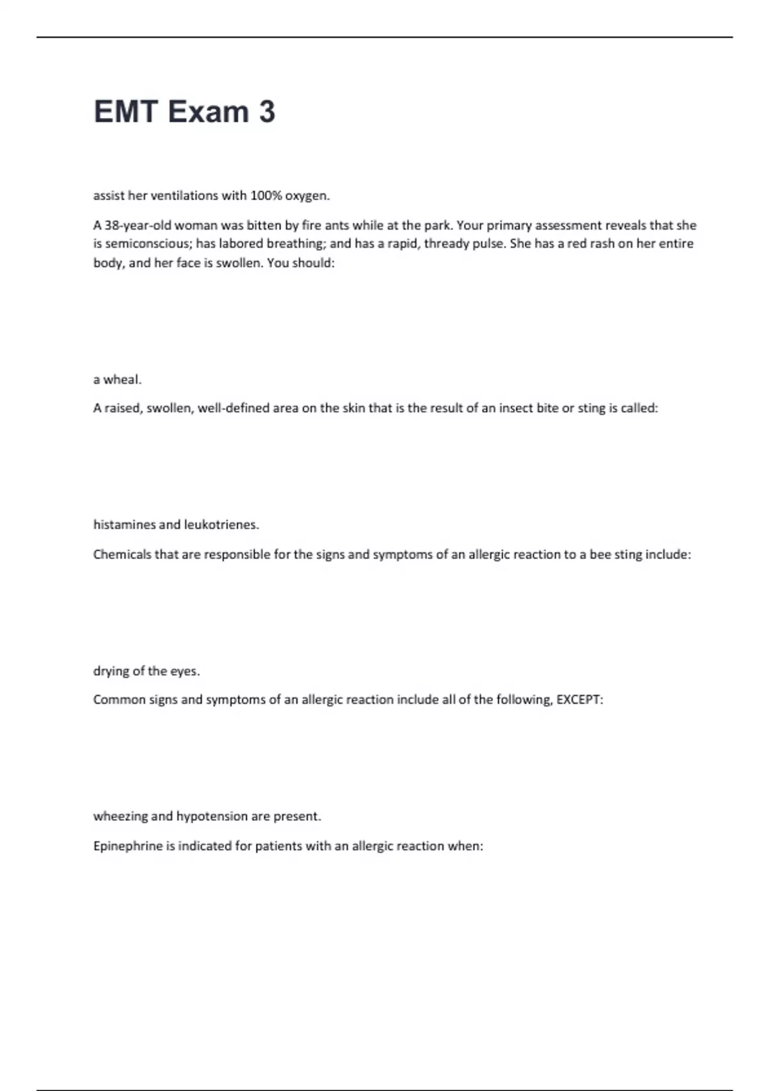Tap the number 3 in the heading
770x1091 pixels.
coord(267,112)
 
